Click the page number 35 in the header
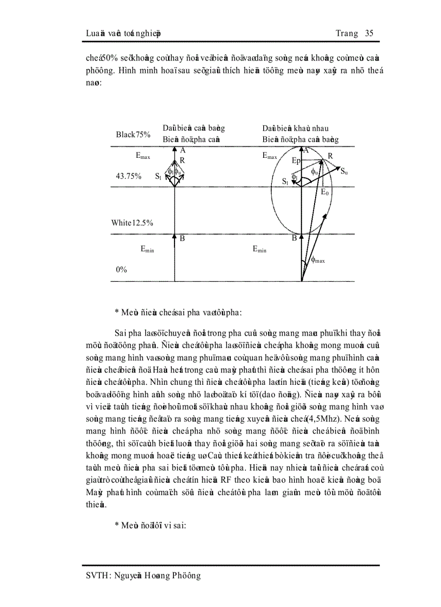coord(370,34)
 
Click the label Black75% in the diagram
coord(133,135)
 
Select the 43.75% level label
coord(129,176)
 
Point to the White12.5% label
coord(132,223)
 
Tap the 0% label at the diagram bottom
coord(122,269)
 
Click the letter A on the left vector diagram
coord(183,151)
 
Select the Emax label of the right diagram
coord(270,156)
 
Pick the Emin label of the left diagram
coord(147,249)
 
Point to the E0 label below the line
coord(325,192)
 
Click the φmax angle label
coord(318,260)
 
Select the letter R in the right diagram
coord(330,156)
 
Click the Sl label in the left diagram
coord(158,176)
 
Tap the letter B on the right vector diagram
coord(295,238)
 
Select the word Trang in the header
coord(346,34)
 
